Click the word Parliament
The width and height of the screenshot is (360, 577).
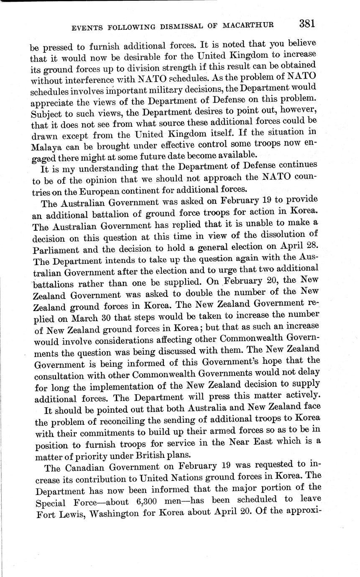(x=54, y=249)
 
